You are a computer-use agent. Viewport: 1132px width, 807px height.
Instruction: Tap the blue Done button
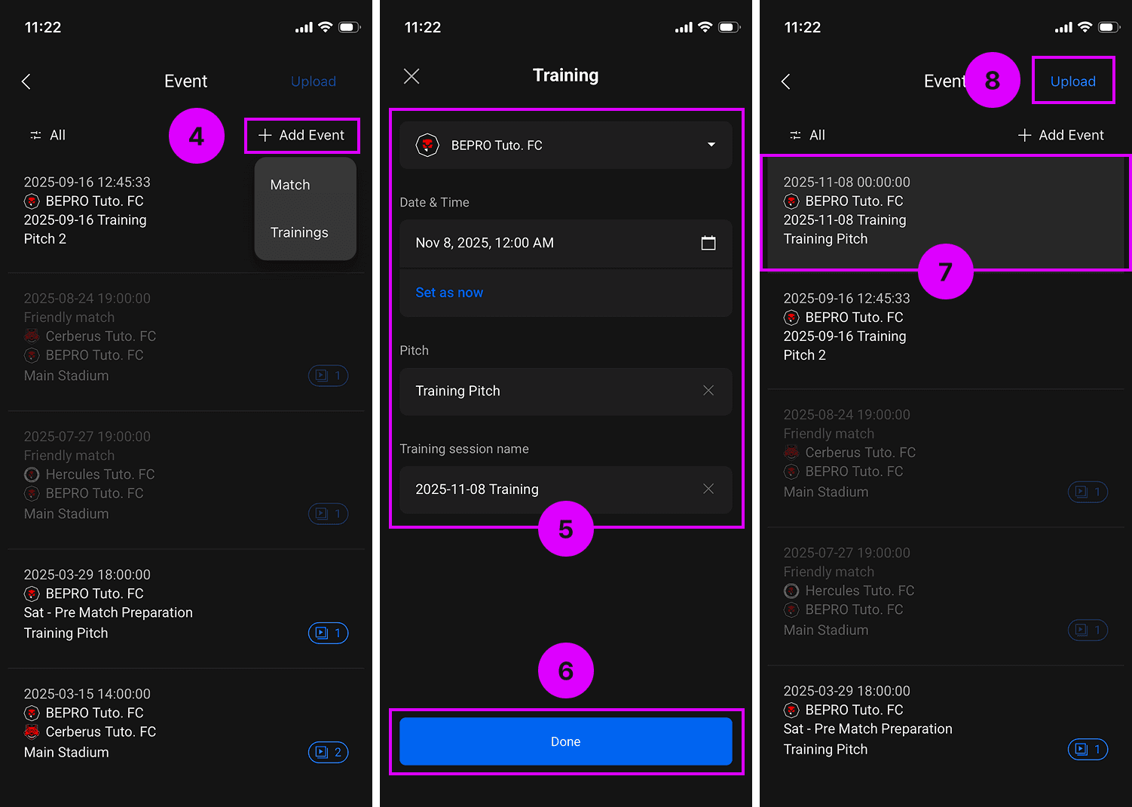[565, 741]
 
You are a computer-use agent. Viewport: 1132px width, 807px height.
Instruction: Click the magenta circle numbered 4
[197, 136]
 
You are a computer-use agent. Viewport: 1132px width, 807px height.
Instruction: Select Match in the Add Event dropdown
[290, 185]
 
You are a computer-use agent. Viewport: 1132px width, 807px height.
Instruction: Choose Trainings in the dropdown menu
[299, 232]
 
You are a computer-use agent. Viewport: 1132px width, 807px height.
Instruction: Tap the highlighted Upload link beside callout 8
[1073, 81]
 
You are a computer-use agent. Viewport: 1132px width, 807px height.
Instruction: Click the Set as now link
[449, 293]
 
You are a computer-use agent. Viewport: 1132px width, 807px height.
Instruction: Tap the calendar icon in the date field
[708, 243]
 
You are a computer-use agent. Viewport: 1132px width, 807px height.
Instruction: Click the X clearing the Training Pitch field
[708, 391]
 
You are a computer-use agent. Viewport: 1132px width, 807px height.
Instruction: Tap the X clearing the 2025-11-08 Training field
[708, 489]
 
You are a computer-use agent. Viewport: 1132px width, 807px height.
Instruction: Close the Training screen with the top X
[411, 76]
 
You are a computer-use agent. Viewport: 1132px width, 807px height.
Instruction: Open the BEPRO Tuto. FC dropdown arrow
[711, 145]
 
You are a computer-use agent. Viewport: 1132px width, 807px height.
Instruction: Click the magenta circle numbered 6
[565, 670]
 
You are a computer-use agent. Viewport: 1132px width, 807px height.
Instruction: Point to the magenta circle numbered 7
[946, 272]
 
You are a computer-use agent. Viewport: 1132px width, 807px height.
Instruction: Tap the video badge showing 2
[328, 752]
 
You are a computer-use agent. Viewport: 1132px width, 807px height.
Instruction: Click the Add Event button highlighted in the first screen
[301, 135]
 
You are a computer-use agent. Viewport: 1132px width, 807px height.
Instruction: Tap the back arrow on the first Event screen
[26, 81]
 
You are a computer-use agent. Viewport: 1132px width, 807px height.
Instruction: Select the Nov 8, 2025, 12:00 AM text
[485, 243]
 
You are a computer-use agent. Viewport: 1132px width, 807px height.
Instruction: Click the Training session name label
[464, 449]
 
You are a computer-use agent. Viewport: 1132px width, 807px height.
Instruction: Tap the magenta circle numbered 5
[565, 529]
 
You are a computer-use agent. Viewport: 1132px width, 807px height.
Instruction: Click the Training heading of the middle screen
[565, 75]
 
